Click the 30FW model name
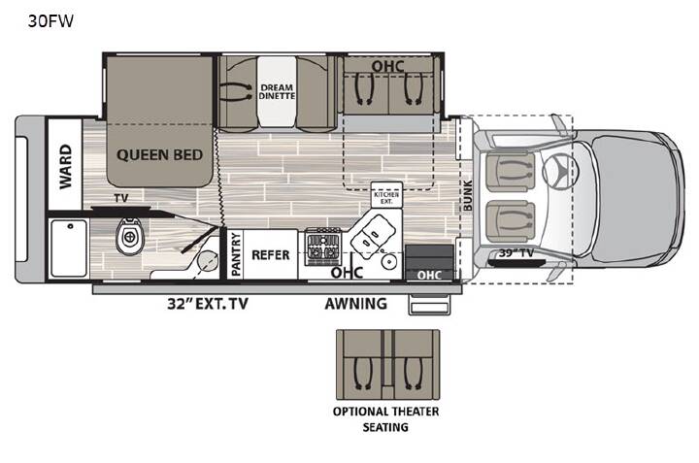[x=50, y=21]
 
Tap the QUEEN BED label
[x=159, y=155]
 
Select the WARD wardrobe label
[x=65, y=166]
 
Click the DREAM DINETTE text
[x=277, y=91]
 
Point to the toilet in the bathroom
[x=130, y=235]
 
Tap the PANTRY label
[x=236, y=254]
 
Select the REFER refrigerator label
[x=271, y=255]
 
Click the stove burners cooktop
[x=323, y=246]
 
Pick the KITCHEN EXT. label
[x=386, y=198]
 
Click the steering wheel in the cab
[x=560, y=170]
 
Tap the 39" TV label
[x=516, y=253]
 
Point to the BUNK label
[x=467, y=195]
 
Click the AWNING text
[x=355, y=304]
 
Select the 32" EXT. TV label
[x=208, y=304]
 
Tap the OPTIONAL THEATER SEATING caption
[x=385, y=419]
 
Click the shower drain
[x=71, y=226]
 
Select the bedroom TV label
[x=120, y=198]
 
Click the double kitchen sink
[x=373, y=234]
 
